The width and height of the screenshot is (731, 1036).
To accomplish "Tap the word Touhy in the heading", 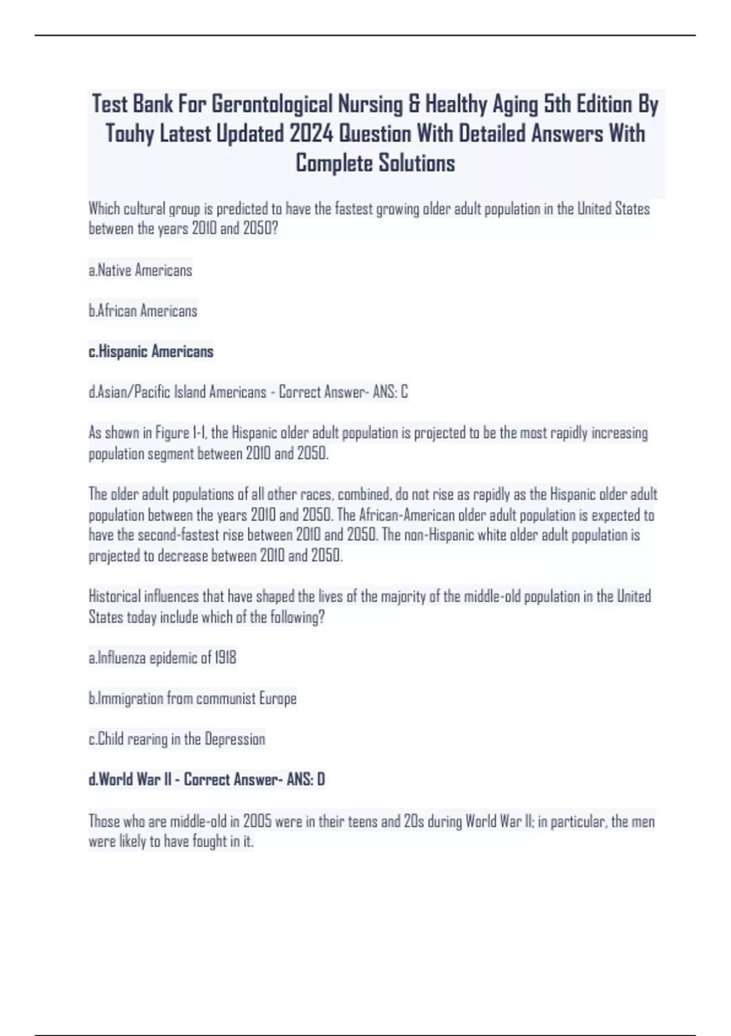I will click(130, 134).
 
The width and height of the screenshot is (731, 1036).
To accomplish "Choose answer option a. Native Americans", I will click(141, 270).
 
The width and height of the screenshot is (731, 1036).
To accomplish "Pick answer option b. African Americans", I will click(143, 311).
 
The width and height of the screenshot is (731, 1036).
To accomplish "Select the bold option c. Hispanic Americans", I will click(151, 352).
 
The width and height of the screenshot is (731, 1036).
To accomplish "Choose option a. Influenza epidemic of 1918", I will click(163, 658).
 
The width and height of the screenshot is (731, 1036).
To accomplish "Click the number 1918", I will click(225, 658).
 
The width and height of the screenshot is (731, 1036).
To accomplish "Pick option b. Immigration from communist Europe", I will click(192, 698).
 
